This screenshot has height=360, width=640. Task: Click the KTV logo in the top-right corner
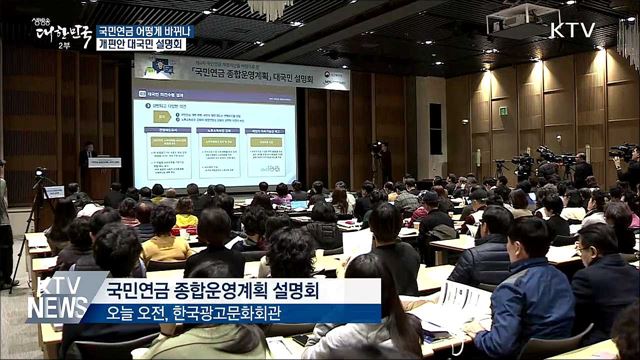[572, 30]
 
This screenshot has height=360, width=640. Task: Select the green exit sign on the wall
[503, 111]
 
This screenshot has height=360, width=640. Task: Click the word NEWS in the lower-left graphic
[58, 309]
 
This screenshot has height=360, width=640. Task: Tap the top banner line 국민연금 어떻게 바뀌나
[146, 31]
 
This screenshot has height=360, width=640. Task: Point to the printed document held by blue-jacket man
[462, 300]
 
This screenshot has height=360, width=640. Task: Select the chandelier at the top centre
[269, 8]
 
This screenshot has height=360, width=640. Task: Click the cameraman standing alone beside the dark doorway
[379, 162]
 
